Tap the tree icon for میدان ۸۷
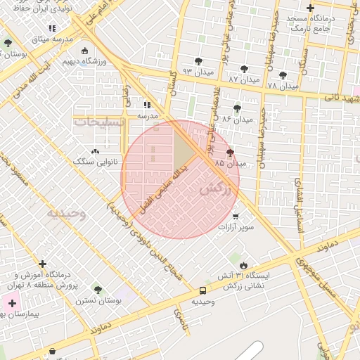pos(244,69)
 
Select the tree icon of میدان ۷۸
pos(283,75)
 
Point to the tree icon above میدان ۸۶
pos(236,108)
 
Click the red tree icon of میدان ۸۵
pos(230,153)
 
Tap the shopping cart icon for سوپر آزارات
pos(235,217)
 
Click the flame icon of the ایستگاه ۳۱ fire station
pos(243,265)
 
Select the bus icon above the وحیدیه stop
pos(203,290)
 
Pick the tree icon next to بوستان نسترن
pos(98,290)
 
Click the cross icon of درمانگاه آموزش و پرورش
pos(43,264)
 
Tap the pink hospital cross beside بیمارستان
pos(12,303)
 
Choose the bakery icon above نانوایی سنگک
pos(95,151)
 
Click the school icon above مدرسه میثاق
pos(52,28)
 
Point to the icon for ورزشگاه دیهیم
pos(85,51)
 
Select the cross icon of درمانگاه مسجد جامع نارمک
pos(310,8)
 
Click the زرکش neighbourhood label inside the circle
pos(215,188)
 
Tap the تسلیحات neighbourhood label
pos(100,122)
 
